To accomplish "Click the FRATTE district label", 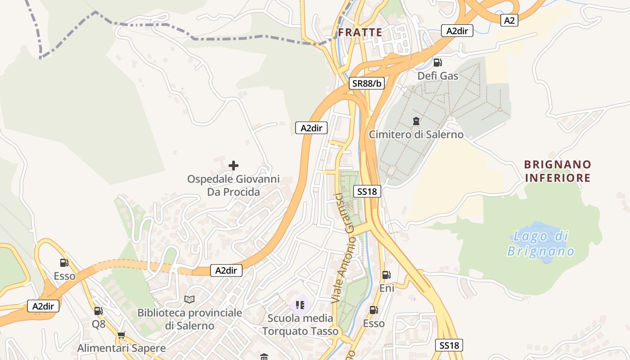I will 360,32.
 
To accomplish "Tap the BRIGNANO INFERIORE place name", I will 558,171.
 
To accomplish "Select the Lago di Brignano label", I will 541,243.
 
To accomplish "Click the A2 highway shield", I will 509,20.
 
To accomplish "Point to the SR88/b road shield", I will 367,83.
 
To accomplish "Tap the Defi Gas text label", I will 437,76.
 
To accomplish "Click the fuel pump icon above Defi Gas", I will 437,63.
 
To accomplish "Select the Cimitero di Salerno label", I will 416,134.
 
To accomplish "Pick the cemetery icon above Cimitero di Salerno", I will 416,121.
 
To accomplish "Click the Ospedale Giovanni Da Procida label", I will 234,185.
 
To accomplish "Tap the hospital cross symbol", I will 234,166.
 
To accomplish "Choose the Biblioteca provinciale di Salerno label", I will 189,319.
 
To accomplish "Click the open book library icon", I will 189,299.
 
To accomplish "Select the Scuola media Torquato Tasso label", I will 300,324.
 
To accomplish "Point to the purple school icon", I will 300,305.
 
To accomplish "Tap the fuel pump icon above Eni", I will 386,275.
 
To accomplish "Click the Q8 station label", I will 99,324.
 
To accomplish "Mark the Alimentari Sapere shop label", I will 121,348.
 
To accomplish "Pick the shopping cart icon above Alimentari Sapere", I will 121,335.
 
